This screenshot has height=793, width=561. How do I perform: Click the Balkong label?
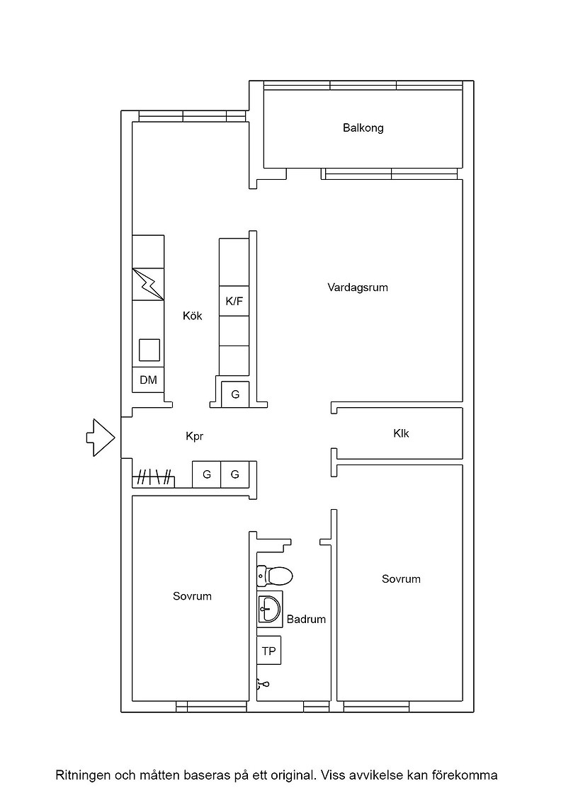point(363,128)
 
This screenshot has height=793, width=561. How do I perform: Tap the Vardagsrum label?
point(358,287)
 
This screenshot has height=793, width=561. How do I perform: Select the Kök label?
point(192,316)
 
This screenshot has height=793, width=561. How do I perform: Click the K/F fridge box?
point(234,302)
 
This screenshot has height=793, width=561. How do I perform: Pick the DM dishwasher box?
point(148,380)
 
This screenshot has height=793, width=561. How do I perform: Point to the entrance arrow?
point(101,438)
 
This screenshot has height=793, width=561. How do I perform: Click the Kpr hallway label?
point(194,436)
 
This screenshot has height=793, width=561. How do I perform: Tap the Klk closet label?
point(401,433)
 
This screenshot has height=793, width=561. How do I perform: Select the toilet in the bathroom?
point(275,575)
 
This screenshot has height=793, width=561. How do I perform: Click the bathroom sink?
point(269,610)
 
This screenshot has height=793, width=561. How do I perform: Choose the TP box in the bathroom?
point(268,651)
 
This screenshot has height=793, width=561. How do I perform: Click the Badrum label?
point(306,619)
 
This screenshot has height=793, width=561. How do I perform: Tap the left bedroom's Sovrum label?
point(192,596)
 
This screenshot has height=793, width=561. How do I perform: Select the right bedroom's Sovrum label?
point(401,579)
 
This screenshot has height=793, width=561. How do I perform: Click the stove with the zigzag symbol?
point(148,284)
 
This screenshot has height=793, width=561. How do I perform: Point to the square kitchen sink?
point(149,350)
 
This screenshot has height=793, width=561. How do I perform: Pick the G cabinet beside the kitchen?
point(235,394)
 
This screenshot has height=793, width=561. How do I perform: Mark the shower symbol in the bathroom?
point(263,684)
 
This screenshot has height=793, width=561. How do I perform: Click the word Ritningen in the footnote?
point(83,775)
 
